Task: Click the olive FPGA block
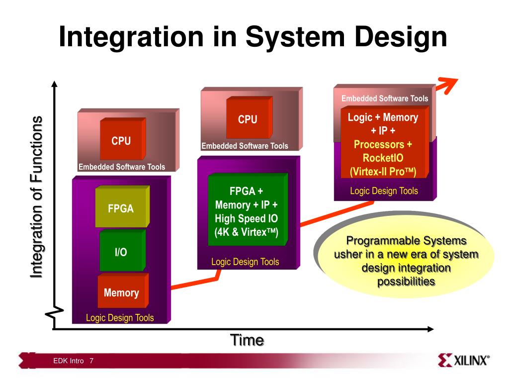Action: point(122,206)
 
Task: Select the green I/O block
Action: point(122,251)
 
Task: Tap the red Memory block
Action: point(123,290)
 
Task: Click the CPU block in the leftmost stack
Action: point(123,139)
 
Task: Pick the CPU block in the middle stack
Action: point(250,117)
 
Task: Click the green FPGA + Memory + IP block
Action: point(248,209)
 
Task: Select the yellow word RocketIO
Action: point(383,158)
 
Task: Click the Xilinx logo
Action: point(463,360)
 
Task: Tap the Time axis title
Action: point(247,340)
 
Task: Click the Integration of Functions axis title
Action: point(36,197)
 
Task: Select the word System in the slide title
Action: point(295,37)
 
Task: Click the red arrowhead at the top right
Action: point(449,85)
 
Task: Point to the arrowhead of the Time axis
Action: point(430,329)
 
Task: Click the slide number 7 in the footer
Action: point(91,361)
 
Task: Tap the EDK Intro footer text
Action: point(69,361)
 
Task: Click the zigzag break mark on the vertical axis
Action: point(54,312)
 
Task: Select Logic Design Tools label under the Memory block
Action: point(120,318)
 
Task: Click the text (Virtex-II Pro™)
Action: point(383,172)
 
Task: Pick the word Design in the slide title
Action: point(401,37)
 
